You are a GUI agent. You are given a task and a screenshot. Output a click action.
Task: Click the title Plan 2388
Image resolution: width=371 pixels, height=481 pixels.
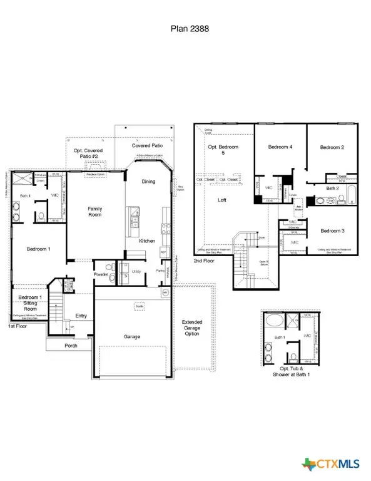point(185,28)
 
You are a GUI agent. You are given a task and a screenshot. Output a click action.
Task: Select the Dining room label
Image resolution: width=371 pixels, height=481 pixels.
point(148,182)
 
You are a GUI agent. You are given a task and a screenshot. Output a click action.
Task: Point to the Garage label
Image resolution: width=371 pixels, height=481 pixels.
point(131,336)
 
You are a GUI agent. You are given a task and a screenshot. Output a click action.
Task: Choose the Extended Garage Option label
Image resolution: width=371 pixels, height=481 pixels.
point(192,328)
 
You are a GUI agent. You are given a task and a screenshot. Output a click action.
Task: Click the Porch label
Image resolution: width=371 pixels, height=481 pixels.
point(71,346)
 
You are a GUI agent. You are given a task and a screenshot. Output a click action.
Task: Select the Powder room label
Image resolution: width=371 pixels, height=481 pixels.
point(102,274)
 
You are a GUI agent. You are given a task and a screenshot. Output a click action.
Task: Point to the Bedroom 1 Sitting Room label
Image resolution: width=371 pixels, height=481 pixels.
point(30,303)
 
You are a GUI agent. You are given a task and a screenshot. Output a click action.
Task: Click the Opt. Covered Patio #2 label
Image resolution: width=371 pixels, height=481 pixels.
point(88,154)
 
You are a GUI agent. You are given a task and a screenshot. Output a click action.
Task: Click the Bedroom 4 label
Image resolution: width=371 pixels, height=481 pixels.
point(281,147)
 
